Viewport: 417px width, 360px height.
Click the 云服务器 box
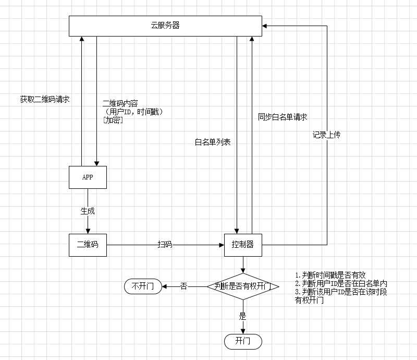tap(166, 26)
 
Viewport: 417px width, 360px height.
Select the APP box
tap(88, 177)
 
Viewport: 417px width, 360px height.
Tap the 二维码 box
tap(88, 245)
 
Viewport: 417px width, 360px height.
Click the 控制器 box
tap(242, 245)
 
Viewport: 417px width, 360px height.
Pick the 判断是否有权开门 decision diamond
tap(242, 286)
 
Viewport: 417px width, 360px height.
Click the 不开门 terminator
tap(143, 286)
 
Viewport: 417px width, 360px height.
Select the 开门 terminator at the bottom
tap(243, 341)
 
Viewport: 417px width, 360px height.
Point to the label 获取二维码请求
tap(45, 99)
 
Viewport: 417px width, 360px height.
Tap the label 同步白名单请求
tap(283, 117)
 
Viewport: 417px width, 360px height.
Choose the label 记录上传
tap(326, 135)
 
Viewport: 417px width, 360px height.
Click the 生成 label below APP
tap(88, 211)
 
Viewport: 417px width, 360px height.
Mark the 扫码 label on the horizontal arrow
tap(166, 245)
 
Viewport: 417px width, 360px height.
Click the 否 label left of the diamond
tap(183, 286)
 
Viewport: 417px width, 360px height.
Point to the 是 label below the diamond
tap(242, 316)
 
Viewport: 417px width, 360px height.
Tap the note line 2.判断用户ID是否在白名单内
tap(341, 283)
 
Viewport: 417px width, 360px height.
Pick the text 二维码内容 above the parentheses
tap(120, 103)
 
